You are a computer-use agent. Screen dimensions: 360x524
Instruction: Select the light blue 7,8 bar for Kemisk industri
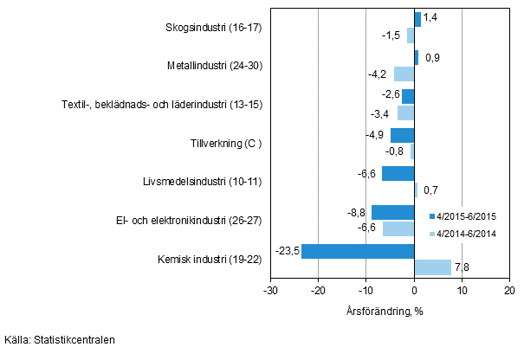tap(433, 267)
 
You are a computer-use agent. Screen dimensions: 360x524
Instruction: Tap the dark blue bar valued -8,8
tap(393, 212)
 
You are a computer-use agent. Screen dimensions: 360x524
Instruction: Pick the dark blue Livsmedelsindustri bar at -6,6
tap(398, 173)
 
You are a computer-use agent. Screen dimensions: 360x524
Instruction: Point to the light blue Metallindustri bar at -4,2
tap(404, 74)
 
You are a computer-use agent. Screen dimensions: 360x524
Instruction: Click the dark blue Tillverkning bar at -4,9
tap(403, 135)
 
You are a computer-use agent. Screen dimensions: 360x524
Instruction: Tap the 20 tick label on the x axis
tap(509, 291)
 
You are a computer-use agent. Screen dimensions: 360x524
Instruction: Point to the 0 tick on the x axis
tap(415, 291)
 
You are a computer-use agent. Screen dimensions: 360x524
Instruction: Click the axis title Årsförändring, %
tap(388, 308)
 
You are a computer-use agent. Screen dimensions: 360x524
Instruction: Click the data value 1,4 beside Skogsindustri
tap(430, 16)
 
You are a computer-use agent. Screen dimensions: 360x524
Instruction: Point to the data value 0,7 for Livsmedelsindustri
tap(429, 189)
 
